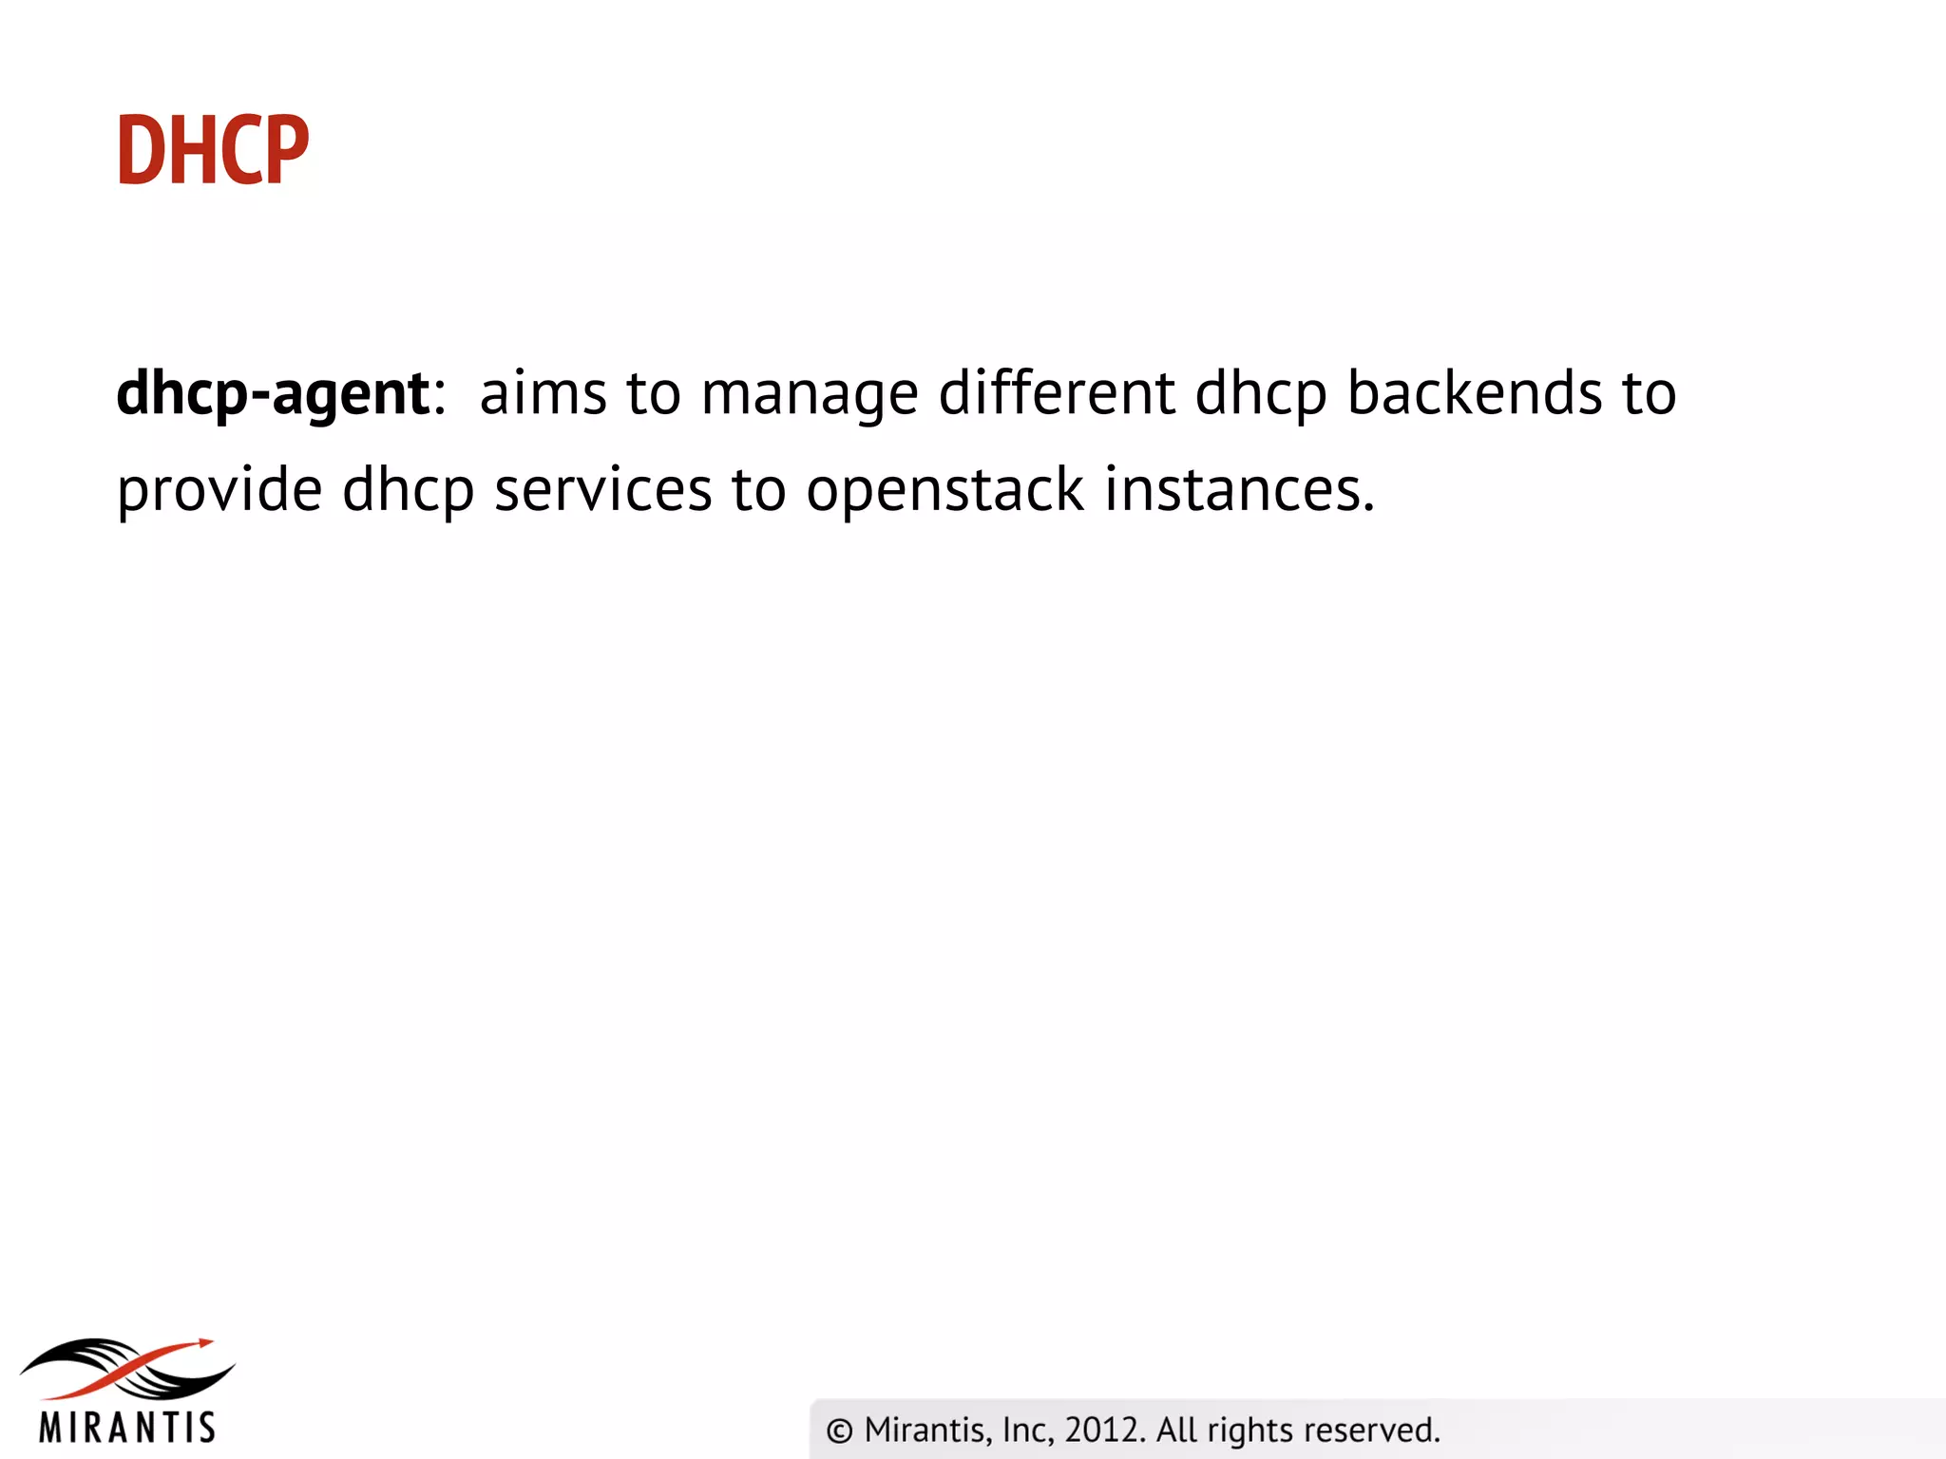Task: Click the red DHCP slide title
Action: pos(213,150)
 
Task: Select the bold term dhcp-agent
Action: pos(273,393)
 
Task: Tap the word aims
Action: pos(543,393)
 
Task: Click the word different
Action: pos(1057,393)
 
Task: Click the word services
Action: pos(603,490)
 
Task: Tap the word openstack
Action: pos(944,492)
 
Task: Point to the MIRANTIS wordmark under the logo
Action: pos(127,1428)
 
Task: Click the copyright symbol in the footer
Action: pos(839,1431)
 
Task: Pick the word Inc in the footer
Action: pos(1026,1430)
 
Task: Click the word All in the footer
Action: pos(1177,1430)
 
